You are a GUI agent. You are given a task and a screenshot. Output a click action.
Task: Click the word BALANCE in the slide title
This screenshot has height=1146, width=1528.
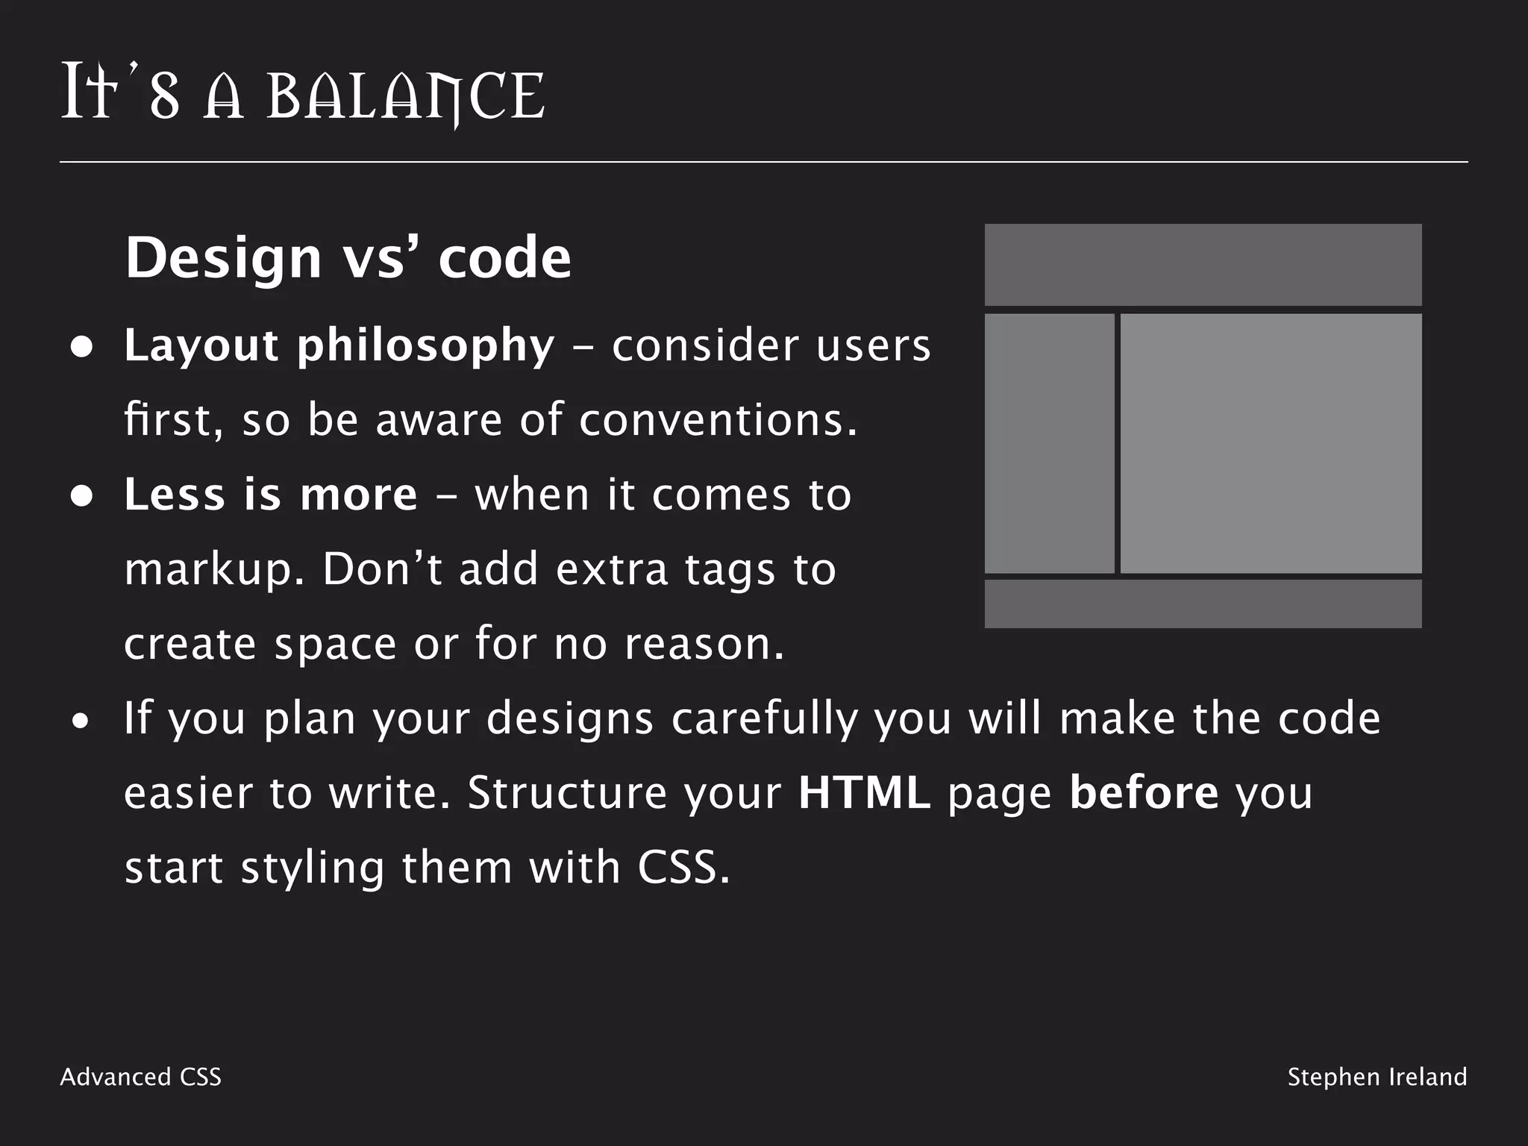pos(406,97)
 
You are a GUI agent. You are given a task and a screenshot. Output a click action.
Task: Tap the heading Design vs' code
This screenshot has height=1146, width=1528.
pos(348,257)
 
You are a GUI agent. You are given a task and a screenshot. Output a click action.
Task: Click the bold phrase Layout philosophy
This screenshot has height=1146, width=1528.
pos(339,346)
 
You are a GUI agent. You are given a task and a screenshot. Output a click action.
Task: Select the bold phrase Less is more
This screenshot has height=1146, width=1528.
pos(271,495)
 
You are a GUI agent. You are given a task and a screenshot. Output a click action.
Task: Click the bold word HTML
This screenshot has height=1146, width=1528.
pos(864,793)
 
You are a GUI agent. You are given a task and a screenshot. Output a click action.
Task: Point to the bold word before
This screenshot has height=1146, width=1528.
pos(1144,793)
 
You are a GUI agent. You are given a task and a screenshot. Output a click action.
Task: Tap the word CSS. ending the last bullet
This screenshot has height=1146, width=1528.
pos(683,868)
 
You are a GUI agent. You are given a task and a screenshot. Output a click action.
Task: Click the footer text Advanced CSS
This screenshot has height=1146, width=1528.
pos(141,1077)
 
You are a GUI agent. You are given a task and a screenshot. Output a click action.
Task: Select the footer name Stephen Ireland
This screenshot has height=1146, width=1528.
pos(1377,1077)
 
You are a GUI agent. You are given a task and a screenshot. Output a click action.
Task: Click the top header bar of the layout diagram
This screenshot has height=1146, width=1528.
pos(1203,265)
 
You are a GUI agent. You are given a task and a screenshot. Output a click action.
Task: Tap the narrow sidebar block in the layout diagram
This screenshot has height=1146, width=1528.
pos(1049,443)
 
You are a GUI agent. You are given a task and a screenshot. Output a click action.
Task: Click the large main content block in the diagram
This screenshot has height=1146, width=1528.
pos(1271,443)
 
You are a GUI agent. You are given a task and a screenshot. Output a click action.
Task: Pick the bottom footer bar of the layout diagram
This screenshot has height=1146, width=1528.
pos(1203,604)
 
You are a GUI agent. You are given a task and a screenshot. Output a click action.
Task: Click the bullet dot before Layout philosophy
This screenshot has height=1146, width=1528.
pos(81,348)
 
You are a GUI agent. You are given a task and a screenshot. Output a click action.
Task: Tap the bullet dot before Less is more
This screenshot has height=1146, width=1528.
pos(81,497)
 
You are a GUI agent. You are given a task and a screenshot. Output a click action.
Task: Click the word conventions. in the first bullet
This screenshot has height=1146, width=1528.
pos(718,420)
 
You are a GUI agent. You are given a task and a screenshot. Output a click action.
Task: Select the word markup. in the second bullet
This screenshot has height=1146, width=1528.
pos(214,571)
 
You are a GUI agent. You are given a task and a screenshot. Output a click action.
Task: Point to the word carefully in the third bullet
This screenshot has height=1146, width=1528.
pos(764,720)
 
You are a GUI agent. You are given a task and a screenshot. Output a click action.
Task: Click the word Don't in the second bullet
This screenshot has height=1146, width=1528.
pos(382,569)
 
